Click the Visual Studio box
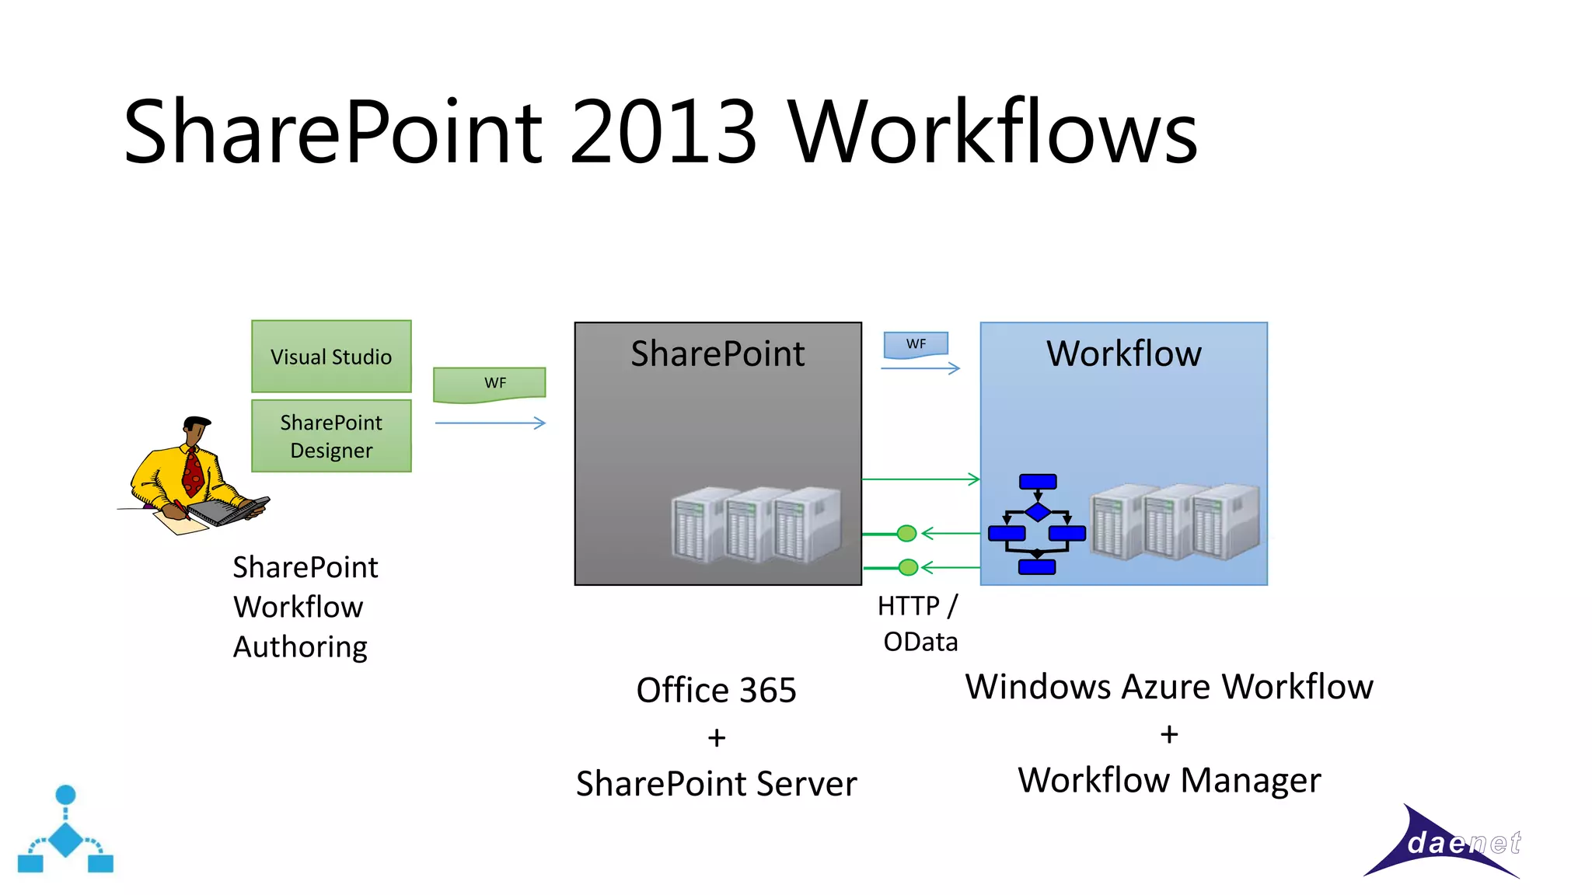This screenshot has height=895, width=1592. pyautogui.click(x=331, y=357)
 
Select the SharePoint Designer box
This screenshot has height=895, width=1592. pyautogui.click(x=331, y=436)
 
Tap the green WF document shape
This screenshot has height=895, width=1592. pyautogui.click(x=490, y=385)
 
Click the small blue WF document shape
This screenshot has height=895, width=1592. pyautogui.click(x=916, y=344)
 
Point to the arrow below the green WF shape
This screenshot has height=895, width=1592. pyautogui.click(x=491, y=423)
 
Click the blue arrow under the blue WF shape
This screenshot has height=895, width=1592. pyautogui.click(x=920, y=368)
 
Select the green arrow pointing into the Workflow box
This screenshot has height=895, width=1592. pyautogui.click(x=921, y=479)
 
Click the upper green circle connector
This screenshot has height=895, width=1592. pyautogui.click(x=906, y=533)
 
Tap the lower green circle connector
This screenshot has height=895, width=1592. pyautogui.click(x=908, y=567)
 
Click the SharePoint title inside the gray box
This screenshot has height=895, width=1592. pyautogui.click(x=717, y=353)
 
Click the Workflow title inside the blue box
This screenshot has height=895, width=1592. pyautogui.click(x=1123, y=353)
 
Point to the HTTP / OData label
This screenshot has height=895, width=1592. pyautogui.click(x=919, y=623)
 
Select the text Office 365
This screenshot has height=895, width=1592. pyautogui.click(x=716, y=690)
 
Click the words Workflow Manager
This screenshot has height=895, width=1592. pyautogui.click(x=1169, y=780)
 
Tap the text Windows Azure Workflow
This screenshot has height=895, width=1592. pyautogui.click(x=1169, y=687)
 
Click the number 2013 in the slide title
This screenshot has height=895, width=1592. pyautogui.click(x=663, y=132)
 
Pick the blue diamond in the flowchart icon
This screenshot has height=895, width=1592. pyautogui.click(x=1038, y=512)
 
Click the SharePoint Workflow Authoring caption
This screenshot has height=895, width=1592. pyautogui.click(x=305, y=607)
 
